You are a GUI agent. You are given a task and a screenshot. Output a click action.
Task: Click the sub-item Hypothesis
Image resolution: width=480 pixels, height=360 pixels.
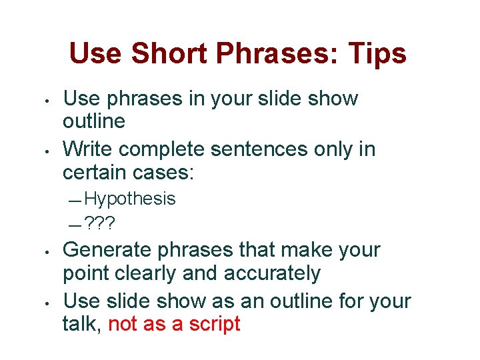pyautogui.click(x=130, y=199)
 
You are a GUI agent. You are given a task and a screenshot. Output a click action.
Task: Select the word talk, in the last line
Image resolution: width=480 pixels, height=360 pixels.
pyautogui.click(x=81, y=324)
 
